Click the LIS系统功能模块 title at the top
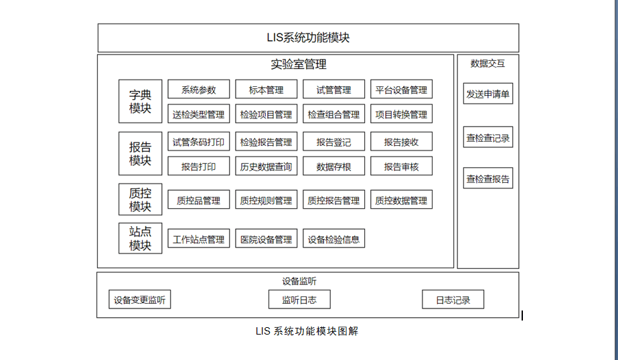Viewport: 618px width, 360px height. [x=308, y=38]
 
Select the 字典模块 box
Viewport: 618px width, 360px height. [x=140, y=101]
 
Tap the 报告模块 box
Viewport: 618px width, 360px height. [x=140, y=154]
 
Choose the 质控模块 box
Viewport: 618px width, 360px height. [x=140, y=199]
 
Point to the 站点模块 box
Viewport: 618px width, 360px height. [x=140, y=238]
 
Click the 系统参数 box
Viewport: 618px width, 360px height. [x=198, y=90]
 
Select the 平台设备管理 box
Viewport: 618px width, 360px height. [x=401, y=90]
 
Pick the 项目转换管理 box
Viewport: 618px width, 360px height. [x=401, y=114]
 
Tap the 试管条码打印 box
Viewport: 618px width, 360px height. [x=198, y=142]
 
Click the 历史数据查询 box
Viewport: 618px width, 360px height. [x=266, y=167]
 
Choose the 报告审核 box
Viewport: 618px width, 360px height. [x=401, y=167]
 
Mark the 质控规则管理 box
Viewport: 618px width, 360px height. [x=266, y=200]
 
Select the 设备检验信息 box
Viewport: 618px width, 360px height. [x=333, y=239]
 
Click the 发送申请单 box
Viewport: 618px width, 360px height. [x=487, y=94]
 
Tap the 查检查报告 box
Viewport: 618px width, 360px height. [x=487, y=179]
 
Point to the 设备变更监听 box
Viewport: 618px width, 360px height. [x=139, y=300]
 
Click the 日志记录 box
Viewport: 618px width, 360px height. [x=453, y=300]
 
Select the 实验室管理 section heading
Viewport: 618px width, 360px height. [x=299, y=65]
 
